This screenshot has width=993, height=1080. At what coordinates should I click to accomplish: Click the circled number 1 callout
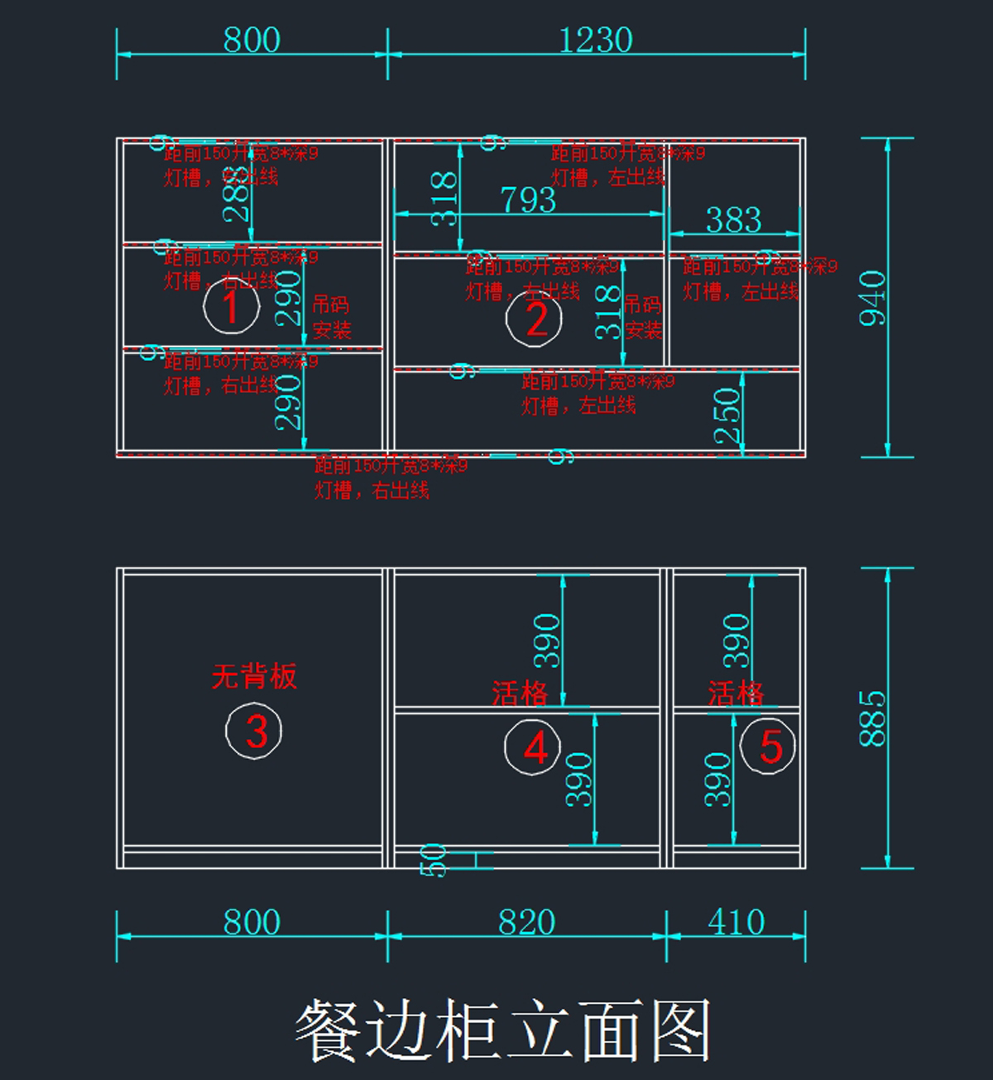pos(232,306)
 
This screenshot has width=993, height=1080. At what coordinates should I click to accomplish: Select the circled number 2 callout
pos(535,319)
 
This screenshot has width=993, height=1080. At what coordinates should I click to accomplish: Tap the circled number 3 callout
pos(254,731)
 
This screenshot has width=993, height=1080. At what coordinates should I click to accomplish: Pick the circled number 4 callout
pos(533,747)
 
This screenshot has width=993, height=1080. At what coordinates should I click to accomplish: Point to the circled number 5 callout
pos(768,746)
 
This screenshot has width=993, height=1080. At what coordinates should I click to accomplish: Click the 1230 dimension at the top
pos(596,40)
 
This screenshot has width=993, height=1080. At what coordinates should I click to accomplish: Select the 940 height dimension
pos(872,298)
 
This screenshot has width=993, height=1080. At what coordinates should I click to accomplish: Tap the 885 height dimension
pos(872,718)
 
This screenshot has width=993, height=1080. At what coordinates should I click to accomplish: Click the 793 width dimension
pos(528,199)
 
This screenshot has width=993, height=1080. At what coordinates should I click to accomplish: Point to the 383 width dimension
pos(733,219)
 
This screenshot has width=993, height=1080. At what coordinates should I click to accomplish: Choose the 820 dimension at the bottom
pos(526,922)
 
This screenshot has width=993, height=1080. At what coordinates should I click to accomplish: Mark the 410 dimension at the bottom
pos(736,922)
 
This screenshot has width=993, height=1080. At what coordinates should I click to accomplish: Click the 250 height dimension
pos(727,416)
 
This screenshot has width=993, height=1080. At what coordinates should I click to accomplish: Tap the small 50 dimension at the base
pos(434,860)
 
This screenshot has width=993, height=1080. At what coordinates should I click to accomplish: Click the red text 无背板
pos(254,676)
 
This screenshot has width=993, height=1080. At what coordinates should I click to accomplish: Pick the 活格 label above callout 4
pos(520,693)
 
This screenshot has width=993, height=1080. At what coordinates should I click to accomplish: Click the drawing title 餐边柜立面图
pos(503,1030)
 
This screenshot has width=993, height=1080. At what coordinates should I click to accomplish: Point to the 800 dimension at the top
pos(252,40)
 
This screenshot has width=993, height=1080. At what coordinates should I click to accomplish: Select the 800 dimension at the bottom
pos(252,922)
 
